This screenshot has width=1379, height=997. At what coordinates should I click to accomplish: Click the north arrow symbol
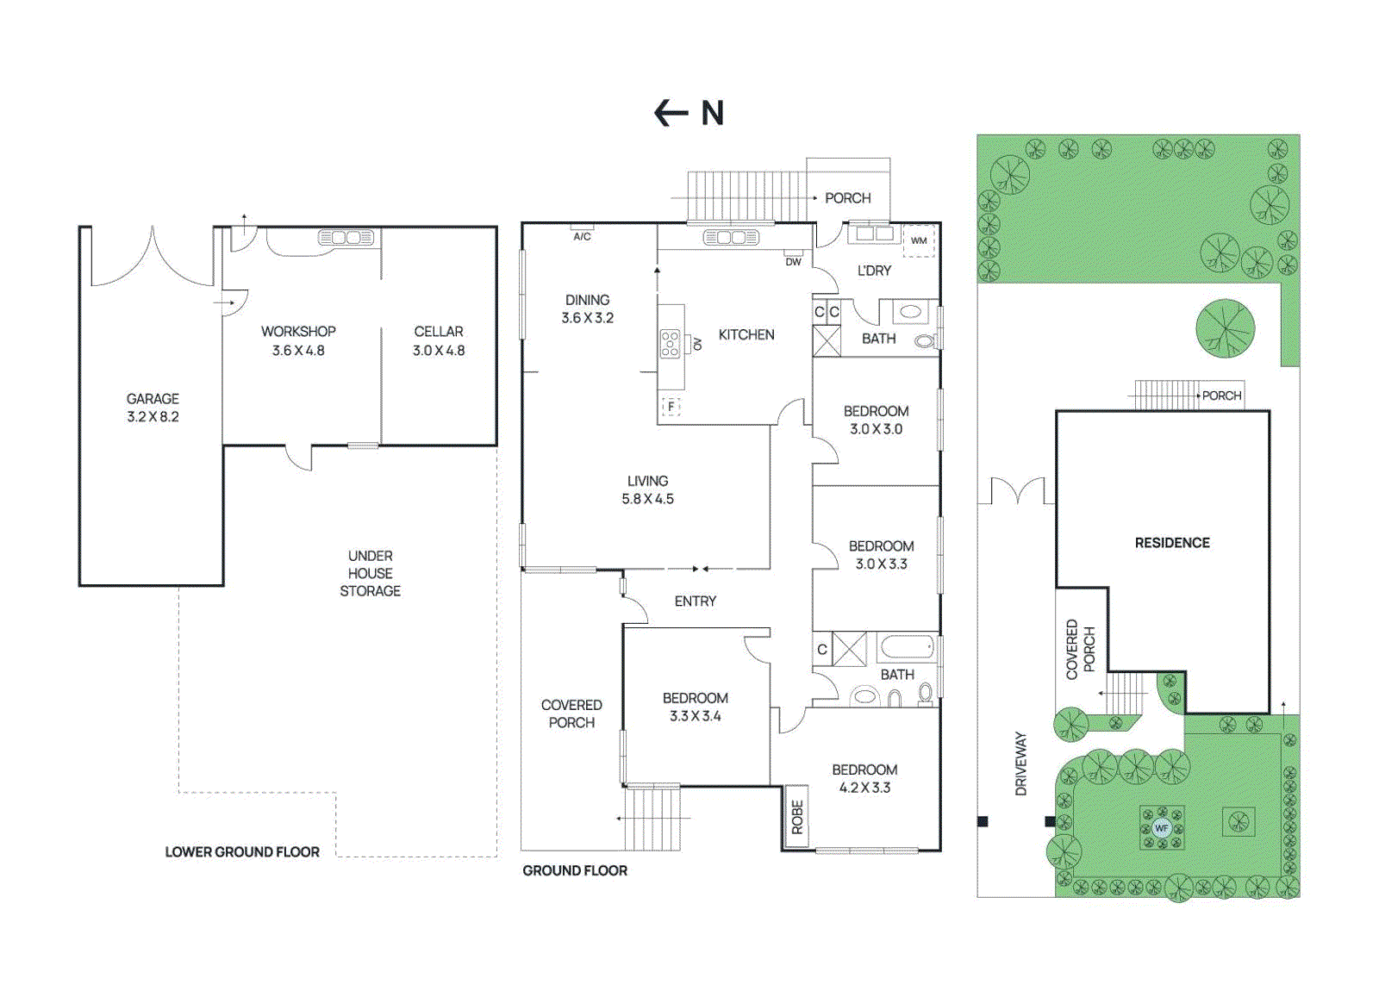[671, 113]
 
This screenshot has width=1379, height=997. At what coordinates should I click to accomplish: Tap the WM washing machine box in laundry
[919, 240]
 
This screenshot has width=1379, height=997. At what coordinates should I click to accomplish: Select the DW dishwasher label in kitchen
[794, 262]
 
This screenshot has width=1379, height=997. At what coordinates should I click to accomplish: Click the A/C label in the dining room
[582, 236]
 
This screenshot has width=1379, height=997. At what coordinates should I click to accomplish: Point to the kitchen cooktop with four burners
[670, 344]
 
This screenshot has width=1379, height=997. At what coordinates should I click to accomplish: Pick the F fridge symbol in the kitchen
[671, 407]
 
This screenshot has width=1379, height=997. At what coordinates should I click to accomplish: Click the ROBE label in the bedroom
[797, 817]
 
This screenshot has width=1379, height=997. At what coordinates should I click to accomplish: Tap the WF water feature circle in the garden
[1161, 828]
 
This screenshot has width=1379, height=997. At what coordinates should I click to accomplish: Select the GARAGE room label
[153, 399]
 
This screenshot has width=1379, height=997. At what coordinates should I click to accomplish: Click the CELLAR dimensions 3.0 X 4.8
[439, 351]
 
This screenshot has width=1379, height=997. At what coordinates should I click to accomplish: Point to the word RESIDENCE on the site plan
[1172, 543]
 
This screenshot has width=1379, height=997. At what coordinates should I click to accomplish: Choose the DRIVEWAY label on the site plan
[1020, 763]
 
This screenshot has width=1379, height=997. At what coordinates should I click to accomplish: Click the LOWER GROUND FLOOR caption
[242, 852]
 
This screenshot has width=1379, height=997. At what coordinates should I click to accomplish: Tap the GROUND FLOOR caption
[575, 871]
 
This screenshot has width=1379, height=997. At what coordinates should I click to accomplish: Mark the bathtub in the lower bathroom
[907, 647]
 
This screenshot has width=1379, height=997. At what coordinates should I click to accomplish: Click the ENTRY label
[695, 601]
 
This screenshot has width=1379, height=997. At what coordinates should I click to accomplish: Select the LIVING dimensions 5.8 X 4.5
[647, 499]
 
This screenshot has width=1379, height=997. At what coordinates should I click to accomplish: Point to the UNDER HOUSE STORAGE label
[370, 574]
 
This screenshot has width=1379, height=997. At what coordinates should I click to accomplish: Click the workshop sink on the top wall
[346, 238]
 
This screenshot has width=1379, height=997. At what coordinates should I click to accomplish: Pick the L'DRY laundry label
[874, 271]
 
